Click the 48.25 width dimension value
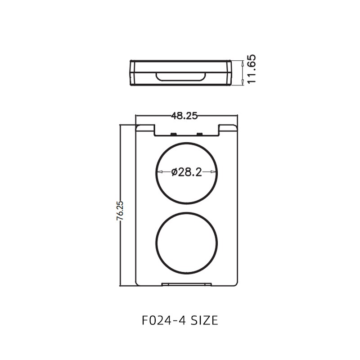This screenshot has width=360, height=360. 184,116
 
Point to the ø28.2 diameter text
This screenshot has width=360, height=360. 186,172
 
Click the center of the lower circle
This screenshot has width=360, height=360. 186,245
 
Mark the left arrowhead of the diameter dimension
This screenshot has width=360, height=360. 159,172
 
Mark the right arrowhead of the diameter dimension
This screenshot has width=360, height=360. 214,172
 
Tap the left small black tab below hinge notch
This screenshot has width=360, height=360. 173,134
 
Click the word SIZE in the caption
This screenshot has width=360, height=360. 204,320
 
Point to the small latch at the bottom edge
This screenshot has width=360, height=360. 186,284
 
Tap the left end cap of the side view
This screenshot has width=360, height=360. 132,73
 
